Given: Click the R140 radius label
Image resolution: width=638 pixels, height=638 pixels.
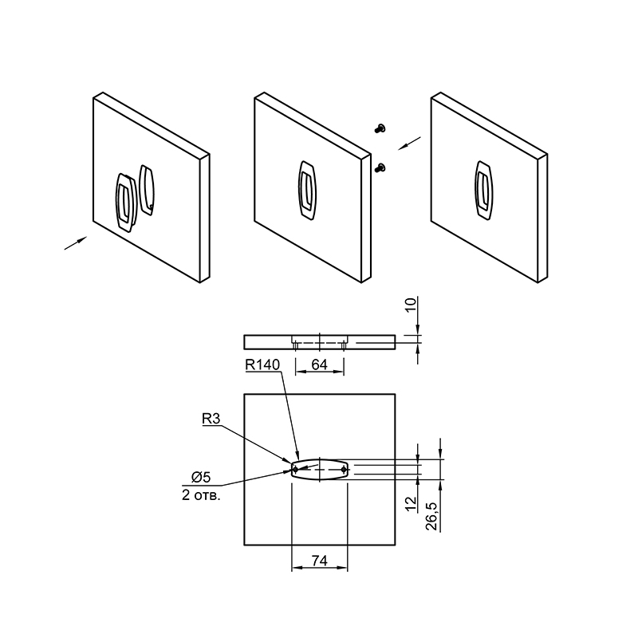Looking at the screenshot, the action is pyautogui.click(x=262, y=364).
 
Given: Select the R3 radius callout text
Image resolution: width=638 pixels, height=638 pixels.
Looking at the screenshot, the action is pyautogui.click(x=211, y=419).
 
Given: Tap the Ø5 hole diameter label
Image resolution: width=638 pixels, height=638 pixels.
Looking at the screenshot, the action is pyautogui.click(x=201, y=477).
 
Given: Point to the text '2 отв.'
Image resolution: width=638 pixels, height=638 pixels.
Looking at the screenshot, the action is pyautogui.click(x=201, y=495).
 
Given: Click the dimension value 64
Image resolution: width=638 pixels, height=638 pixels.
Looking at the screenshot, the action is pyautogui.click(x=320, y=364).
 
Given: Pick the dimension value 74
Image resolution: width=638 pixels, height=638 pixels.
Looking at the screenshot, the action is pyautogui.click(x=320, y=561).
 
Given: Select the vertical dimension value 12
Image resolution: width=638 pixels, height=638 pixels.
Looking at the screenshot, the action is pyautogui.click(x=412, y=504).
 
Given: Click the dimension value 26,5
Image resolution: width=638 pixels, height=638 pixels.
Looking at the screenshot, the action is pyautogui.click(x=431, y=516).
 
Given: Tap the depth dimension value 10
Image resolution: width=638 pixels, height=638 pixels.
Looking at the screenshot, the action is pyautogui.click(x=411, y=305).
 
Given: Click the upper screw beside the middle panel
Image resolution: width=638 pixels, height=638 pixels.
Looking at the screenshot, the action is pyautogui.click(x=380, y=128).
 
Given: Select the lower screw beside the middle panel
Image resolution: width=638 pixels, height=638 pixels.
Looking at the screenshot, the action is pyautogui.click(x=380, y=167).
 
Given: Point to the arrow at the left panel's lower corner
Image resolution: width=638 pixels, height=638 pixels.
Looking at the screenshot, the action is pyautogui.click(x=76, y=243).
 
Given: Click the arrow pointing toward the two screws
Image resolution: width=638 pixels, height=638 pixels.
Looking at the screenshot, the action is pyautogui.click(x=409, y=144).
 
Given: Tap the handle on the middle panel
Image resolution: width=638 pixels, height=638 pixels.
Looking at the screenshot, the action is pyautogui.click(x=307, y=191).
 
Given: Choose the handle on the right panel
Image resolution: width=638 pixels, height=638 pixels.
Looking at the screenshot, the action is pyautogui.click(x=484, y=191).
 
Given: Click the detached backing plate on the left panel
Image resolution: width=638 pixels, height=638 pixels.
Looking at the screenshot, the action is pyautogui.click(x=147, y=190).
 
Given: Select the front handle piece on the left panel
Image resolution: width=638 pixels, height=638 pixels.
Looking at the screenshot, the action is pyautogui.click(x=126, y=203).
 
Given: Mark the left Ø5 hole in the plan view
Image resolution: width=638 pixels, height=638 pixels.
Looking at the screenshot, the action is pyautogui.click(x=295, y=470).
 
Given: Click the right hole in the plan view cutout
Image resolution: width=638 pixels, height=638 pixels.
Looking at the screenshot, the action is pyautogui.click(x=344, y=470).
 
